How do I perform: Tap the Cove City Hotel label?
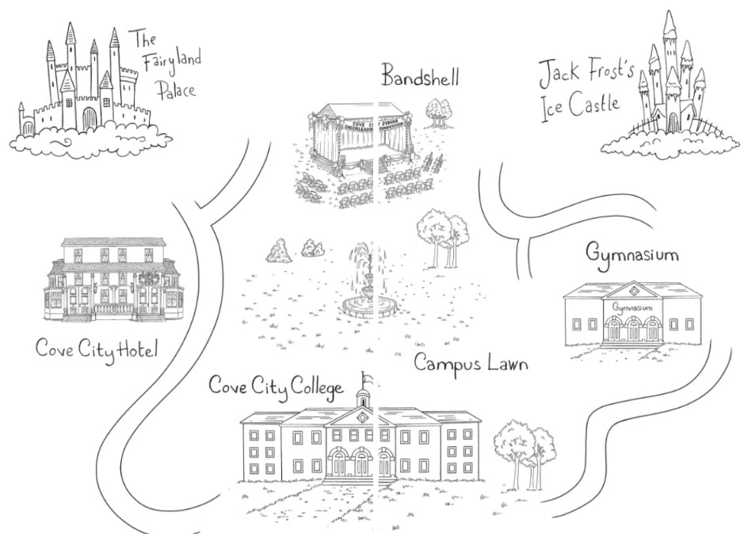97,349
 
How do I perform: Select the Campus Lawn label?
471,365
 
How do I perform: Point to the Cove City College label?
276,387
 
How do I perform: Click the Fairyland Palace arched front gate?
90,119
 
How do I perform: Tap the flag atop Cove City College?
366,378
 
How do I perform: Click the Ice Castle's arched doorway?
674,122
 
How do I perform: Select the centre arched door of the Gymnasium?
633,330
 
